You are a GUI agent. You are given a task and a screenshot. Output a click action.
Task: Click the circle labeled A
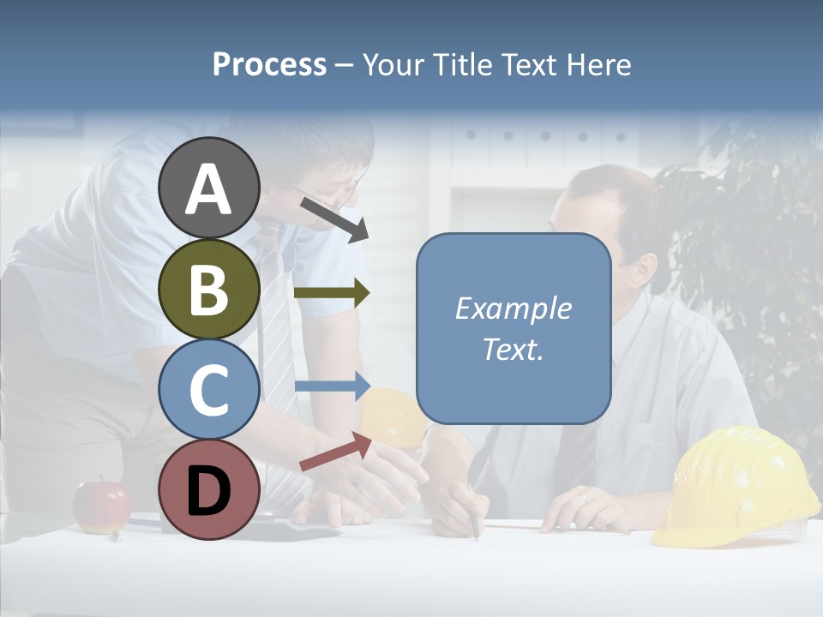(x=208, y=188)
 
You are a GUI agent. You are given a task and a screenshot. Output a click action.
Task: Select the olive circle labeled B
(x=208, y=289)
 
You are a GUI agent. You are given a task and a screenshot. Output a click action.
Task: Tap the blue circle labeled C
(x=208, y=389)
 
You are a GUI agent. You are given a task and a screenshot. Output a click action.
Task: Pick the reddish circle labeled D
(x=208, y=489)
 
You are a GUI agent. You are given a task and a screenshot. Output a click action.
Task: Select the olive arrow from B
(x=332, y=292)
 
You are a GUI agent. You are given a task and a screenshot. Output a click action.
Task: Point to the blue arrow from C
(x=332, y=386)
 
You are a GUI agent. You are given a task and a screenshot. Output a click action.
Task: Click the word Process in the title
(x=269, y=64)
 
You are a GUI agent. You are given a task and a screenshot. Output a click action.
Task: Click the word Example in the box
(x=513, y=308)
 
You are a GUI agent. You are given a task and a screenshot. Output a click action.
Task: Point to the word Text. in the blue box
(x=513, y=349)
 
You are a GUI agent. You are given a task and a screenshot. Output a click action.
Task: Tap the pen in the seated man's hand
(x=473, y=521)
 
